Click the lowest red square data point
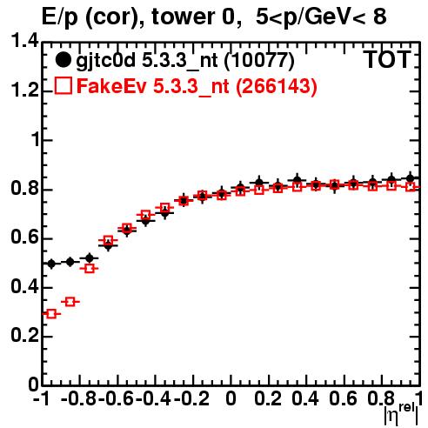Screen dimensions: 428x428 (x=51, y=313)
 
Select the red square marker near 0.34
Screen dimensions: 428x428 (x=70, y=302)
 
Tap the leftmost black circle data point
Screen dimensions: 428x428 (x=51, y=264)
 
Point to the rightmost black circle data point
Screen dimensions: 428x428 (x=411, y=178)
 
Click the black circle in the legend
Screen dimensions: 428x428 (x=63, y=60)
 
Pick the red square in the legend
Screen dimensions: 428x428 (x=63, y=86)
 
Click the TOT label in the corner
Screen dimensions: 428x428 (x=387, y=60)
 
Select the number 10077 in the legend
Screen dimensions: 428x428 (x=259, y=60)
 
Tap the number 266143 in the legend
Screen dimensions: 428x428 (x=276, y=86)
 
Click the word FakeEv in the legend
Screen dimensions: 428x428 (x=111, y=86)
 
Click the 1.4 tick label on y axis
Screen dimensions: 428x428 (x=25, y=41)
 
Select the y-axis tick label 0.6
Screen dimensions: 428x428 (x=25, y=237)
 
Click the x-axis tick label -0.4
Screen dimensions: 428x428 (x=153, y=398)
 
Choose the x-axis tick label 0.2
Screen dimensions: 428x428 (x=268, y=398)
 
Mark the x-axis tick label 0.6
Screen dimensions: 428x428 (x=343, y=398)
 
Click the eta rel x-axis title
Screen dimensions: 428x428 (x=401, y=414)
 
